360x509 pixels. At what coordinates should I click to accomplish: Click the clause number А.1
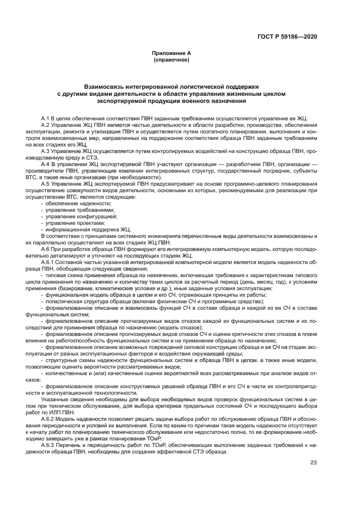pyautogui.click(x=46, y=118)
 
